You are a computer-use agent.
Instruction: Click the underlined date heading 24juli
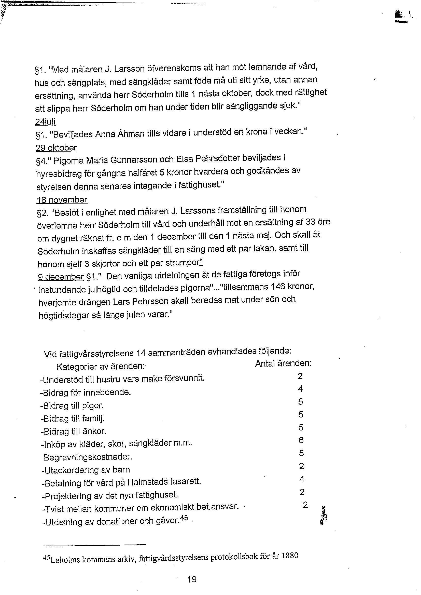click(x=45, y=122)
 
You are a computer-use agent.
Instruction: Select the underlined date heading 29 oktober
click(x=57, y=148)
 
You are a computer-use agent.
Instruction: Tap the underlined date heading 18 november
click(x=62, y=200)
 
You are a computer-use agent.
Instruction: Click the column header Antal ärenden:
click(x=283, y=363)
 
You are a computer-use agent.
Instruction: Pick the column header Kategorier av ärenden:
click(x=100, y=367)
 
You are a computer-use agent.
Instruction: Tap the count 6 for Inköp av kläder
click(x=301, y=440)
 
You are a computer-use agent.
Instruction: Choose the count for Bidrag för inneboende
click(x=300, y=389)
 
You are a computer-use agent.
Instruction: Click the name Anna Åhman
click(x=120, y=134)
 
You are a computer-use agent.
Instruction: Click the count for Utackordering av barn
click(x=301, y=466)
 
